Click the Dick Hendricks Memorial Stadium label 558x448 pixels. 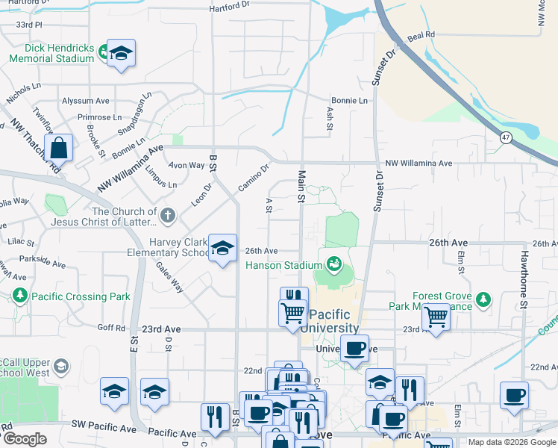point(51,53)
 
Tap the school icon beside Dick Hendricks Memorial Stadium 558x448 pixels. point(121,54)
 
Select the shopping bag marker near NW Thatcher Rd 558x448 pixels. point(58,148)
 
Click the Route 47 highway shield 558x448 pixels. point(506,137)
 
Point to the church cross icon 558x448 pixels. point(168,217)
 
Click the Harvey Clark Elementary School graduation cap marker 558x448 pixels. point(222,249)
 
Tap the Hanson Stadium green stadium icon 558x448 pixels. point(334,264)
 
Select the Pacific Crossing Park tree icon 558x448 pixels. point(19,296)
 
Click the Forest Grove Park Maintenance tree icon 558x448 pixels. point(483,299)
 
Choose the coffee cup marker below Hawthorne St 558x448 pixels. point(514,396)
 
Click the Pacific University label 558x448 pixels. point(334,321)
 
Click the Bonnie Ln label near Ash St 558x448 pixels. point(349,100)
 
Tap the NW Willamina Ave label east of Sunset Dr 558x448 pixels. point(418,163)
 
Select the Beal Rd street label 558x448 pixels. point(421,35)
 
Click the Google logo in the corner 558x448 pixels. point(25,439)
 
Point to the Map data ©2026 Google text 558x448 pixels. point(512,442)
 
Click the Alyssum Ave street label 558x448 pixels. point(86,101)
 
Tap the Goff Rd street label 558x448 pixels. point(110,327)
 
